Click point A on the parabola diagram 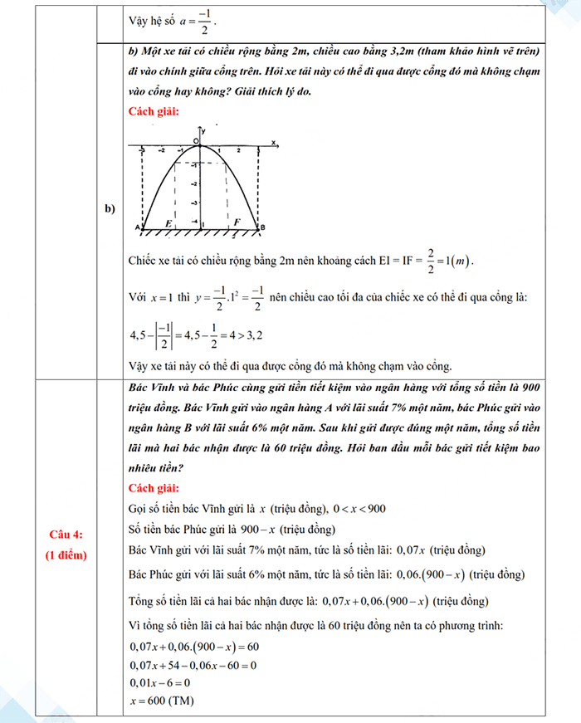coord(137,227)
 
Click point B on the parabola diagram coord(262,227)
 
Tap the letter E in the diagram coord(168,222)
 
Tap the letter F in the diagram coord(237,222)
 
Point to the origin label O coord(196,142)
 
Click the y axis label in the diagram coord(204,131)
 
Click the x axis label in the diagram coord(273,143)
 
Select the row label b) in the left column coord(110,207)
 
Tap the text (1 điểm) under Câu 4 coord(67,554)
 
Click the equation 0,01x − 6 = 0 coord(160,682)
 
